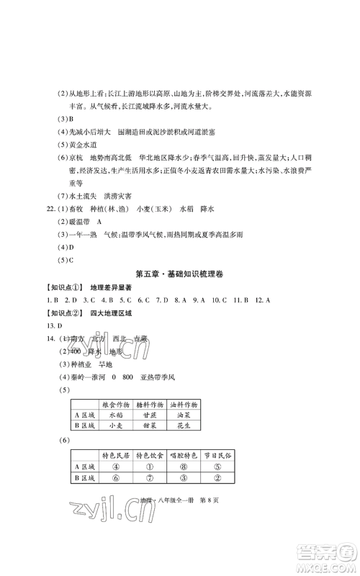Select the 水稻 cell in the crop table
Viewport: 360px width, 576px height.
(117, 415)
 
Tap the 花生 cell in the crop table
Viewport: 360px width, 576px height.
(207, 426)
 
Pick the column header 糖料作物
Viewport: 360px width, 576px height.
(162, 404)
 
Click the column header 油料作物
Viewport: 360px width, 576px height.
(207, 404)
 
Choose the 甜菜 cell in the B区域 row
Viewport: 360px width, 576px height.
(162, 426)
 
